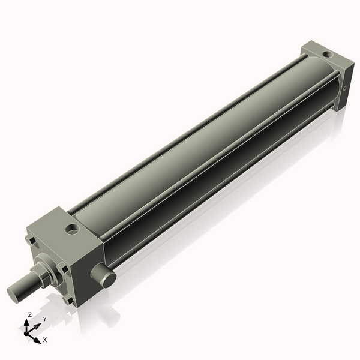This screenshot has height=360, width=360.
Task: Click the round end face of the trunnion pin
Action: (107, 280)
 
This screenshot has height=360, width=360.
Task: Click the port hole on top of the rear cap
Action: (326, 55)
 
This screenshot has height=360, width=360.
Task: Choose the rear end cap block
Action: (333, 75)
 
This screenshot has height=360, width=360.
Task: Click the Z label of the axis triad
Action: (30, 314)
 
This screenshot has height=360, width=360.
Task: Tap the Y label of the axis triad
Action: (44, 319)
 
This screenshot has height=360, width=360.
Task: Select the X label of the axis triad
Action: (45, 340)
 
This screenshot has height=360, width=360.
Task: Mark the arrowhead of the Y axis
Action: (39, 325)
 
